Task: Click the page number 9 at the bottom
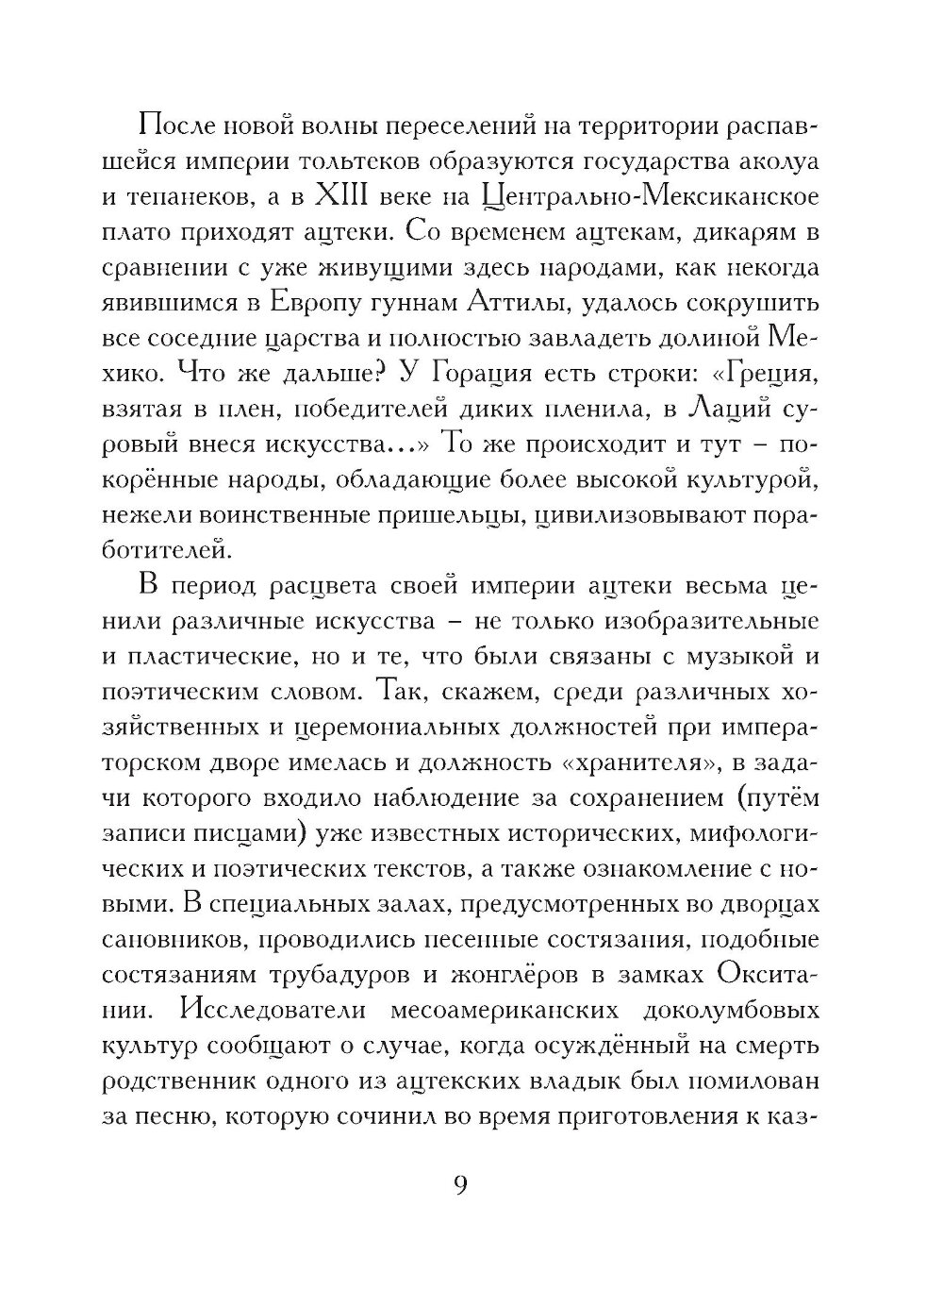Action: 461,1185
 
